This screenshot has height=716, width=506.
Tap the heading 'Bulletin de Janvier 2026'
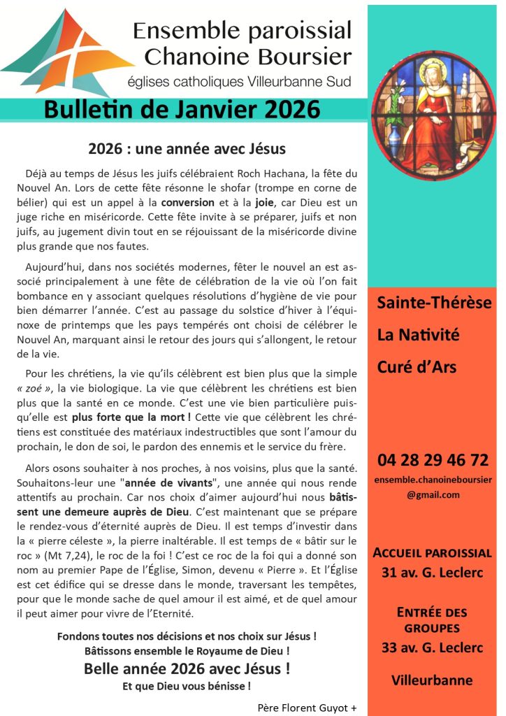pyautogui.click(x=182, y=110)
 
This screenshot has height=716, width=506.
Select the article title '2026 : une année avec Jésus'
pyautogui.click(x=187, y=149)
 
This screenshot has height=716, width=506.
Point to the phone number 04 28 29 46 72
pyautogui.click(x=433, y=460)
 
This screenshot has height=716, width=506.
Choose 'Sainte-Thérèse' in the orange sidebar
pyautogui.click(x=434, y=303)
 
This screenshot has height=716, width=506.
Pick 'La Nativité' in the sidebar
pyautogui.click(x=418, y=334)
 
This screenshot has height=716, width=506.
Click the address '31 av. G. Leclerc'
pyautogui.click(x=433, y=573)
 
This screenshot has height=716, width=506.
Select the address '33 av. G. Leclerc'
pyautogui.click(x=433, y=647)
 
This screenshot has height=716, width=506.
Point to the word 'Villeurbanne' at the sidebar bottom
pyautogui.click(x=432, y=680)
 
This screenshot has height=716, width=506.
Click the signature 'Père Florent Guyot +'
pyautogui.click(x=307, y=707)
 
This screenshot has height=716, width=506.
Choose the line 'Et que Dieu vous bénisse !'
pyautogui.click(x=187, y=686)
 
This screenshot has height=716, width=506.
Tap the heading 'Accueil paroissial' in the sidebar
pyautogui.click(x=433, y=552)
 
